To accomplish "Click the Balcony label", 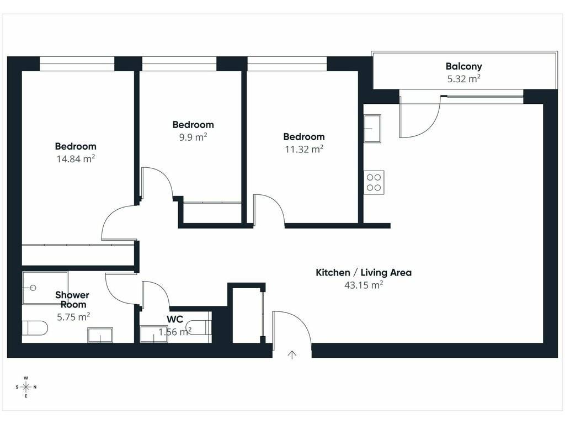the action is click(463, 66).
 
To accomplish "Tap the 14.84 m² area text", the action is click(76, 158).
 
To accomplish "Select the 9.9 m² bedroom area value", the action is click(193, 137).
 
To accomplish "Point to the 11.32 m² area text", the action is click(304, 149).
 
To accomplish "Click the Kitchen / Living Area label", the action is click(364, 273).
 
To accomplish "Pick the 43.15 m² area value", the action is click(364, 285).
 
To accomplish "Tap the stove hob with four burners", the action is click(374, 182).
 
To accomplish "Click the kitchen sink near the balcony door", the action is click(372, 129).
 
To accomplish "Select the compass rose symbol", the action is click(26, 387).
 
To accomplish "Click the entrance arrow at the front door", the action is click(292, 355).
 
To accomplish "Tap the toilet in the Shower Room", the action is click(35, 328).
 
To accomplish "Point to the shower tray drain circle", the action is click(34, 288).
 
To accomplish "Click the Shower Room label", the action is click(72, 300).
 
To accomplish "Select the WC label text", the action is click(175, 319).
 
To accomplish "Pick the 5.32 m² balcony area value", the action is click(463, 78).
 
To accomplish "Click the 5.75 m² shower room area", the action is click(73, 317).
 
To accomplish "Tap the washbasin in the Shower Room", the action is click(100, 335).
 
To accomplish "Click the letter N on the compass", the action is click(35, 387).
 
